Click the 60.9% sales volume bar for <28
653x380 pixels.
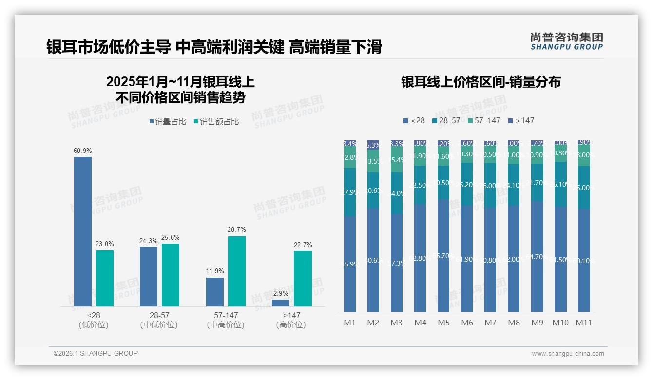coord(83,231)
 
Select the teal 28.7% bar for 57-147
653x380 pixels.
coord(237,271)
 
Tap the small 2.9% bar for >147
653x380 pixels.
coord(281,303)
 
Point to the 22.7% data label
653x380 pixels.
coord(303,245)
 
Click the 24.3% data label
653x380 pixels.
coord(149,241)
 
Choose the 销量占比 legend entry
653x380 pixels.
coord(168,122)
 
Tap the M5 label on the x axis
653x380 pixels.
coord(443,323)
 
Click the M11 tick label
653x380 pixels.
coord(584,323)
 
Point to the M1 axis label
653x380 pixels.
coord(350,323)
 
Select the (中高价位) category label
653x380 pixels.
coord(226,325)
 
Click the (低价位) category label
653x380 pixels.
coord(94,325)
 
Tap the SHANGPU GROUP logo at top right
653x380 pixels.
coord(567,41)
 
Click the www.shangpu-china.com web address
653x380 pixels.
coord(568,354)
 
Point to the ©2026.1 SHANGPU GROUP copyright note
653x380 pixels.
coord(96,353)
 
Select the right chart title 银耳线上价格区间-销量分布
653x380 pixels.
coord(481,82)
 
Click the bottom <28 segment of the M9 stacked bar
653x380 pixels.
coord(537,257)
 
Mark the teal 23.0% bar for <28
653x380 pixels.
coord(105,278)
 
